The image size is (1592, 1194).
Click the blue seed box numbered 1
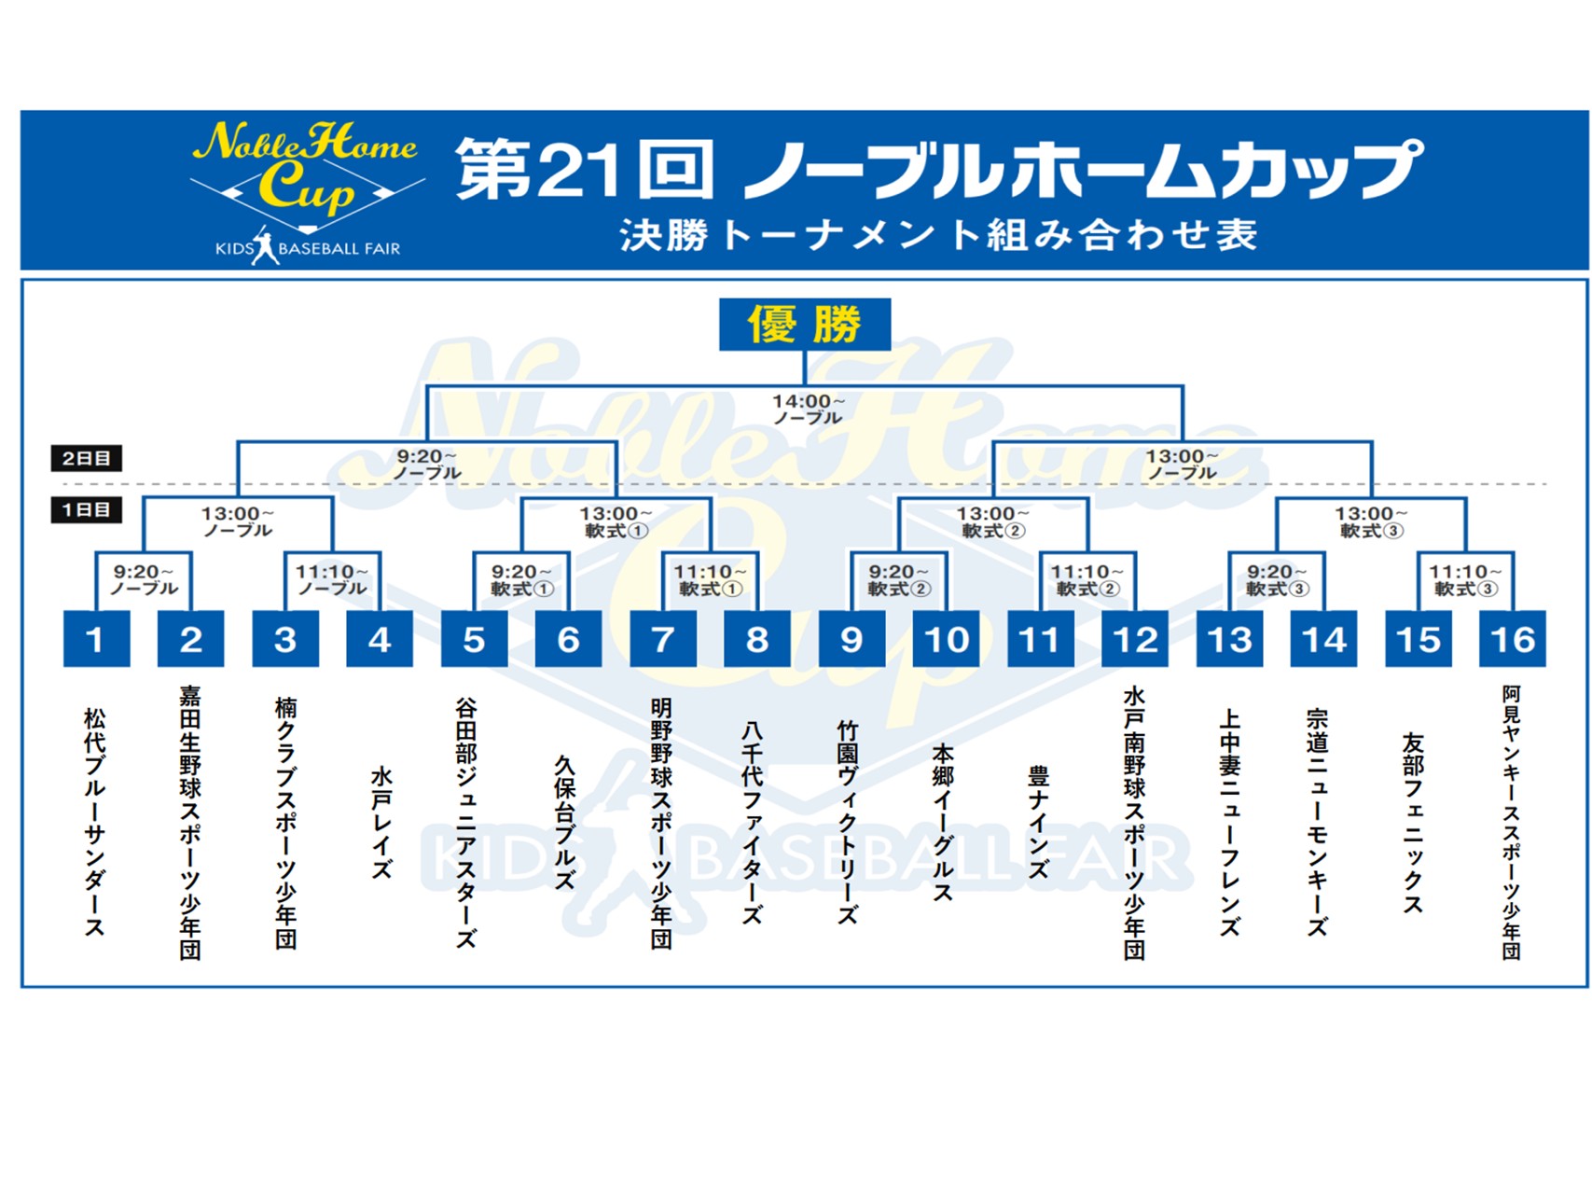click(96, 639)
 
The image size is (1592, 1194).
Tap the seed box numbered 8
click(756, 639)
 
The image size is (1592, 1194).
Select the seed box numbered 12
click(1134, 639)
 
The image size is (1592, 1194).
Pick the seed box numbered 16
click(1512, 639)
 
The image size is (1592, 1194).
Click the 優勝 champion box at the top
click(804, 325)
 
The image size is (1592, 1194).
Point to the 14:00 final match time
click(808, 409)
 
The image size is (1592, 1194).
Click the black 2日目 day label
click(86, 458)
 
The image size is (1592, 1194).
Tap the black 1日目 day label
click(86, 510)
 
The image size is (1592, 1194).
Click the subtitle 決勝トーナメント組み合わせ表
click(938, 235)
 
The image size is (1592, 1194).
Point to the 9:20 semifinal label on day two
click(427, 465)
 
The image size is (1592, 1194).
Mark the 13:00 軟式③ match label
click(1371, 522)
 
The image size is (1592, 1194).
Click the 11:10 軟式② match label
click(1087, 580)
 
